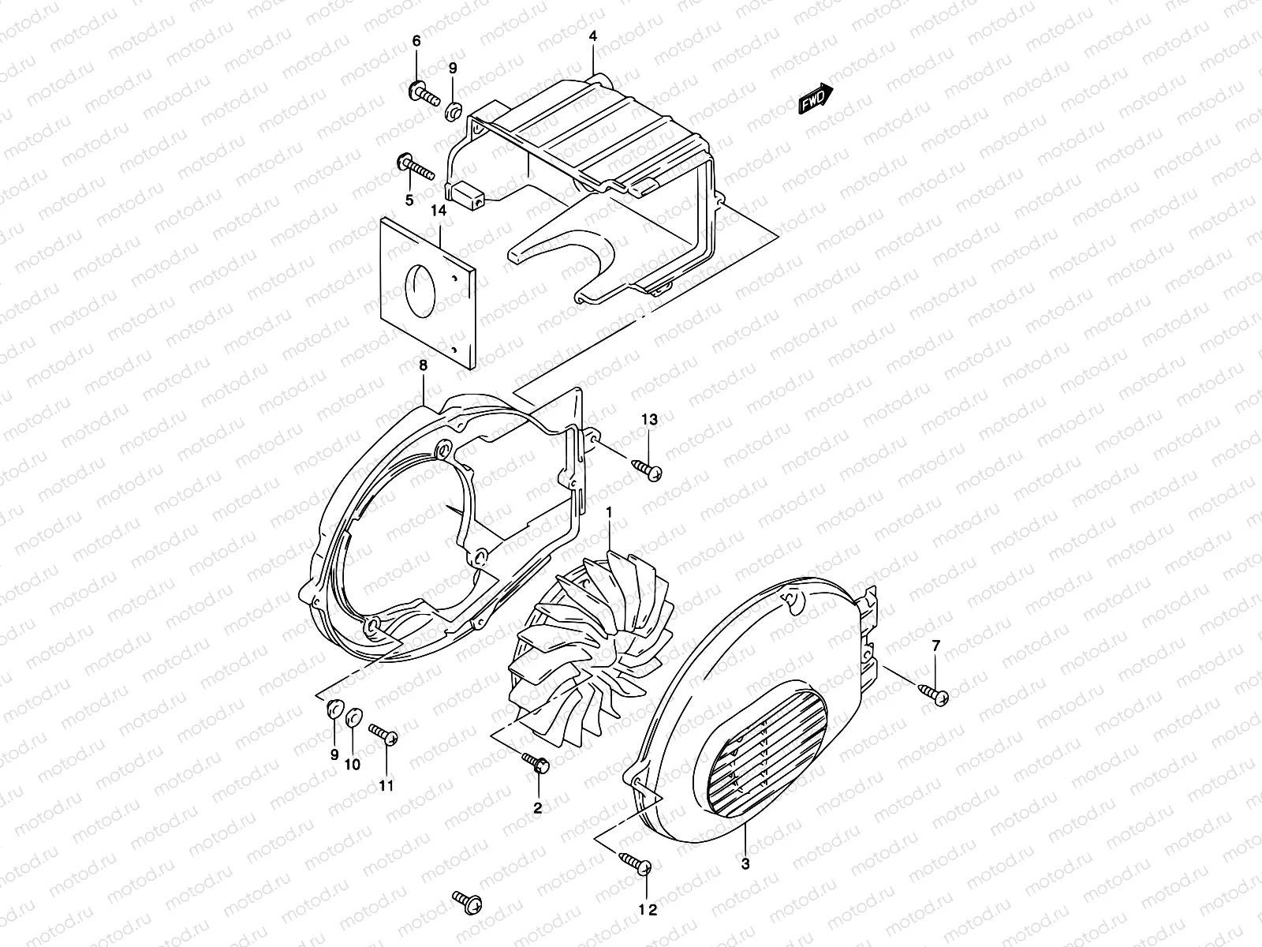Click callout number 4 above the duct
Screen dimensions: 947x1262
(592, 36)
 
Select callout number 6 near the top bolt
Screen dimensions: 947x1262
(416, 40)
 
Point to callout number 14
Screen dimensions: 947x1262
(439, 210)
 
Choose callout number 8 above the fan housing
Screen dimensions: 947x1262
(423, 365)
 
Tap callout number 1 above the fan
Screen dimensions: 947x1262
(609, 513)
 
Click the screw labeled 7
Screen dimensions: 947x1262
(932, 694)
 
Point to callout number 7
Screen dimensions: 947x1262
(935, 646)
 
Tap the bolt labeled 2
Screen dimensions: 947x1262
(536, 762)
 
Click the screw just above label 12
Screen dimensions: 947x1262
(635, 863)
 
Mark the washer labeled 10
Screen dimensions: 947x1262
(354, 716)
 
